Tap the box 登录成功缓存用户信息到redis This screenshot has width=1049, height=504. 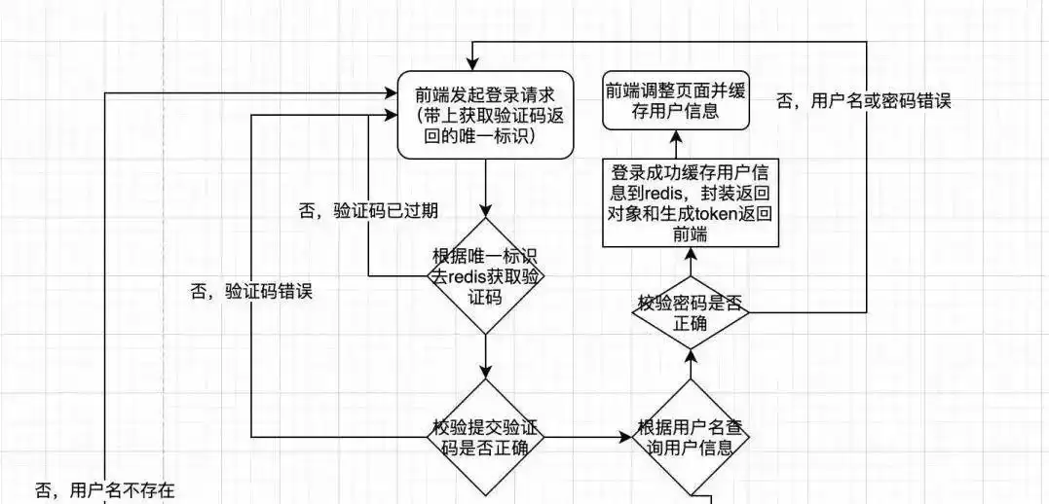pos(691,203)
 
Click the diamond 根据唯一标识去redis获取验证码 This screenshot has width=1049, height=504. pos(486,277)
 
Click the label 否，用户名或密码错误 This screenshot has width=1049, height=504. pos(863,100)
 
